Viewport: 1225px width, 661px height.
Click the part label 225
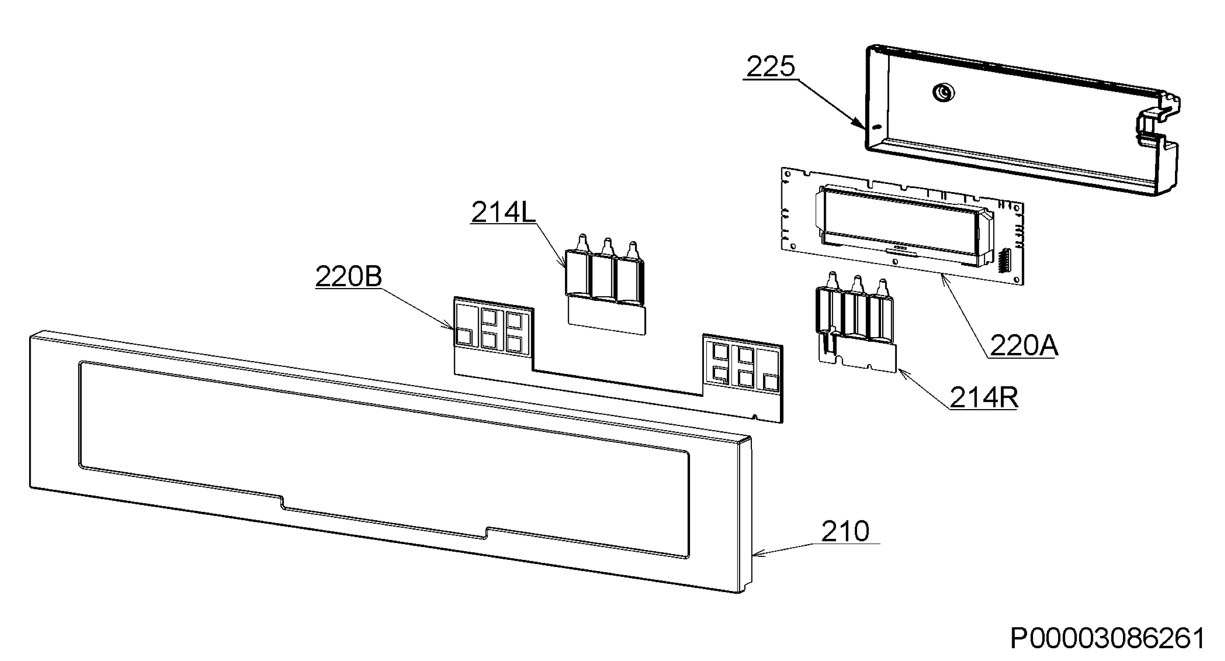point(771,67)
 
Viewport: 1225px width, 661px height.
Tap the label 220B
point(349,277)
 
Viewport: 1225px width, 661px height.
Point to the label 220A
point(1024,346)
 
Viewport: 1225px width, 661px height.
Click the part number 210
point(845,531)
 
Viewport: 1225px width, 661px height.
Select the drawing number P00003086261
point(1108,639)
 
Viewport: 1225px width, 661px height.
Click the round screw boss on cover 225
point(943,92)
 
